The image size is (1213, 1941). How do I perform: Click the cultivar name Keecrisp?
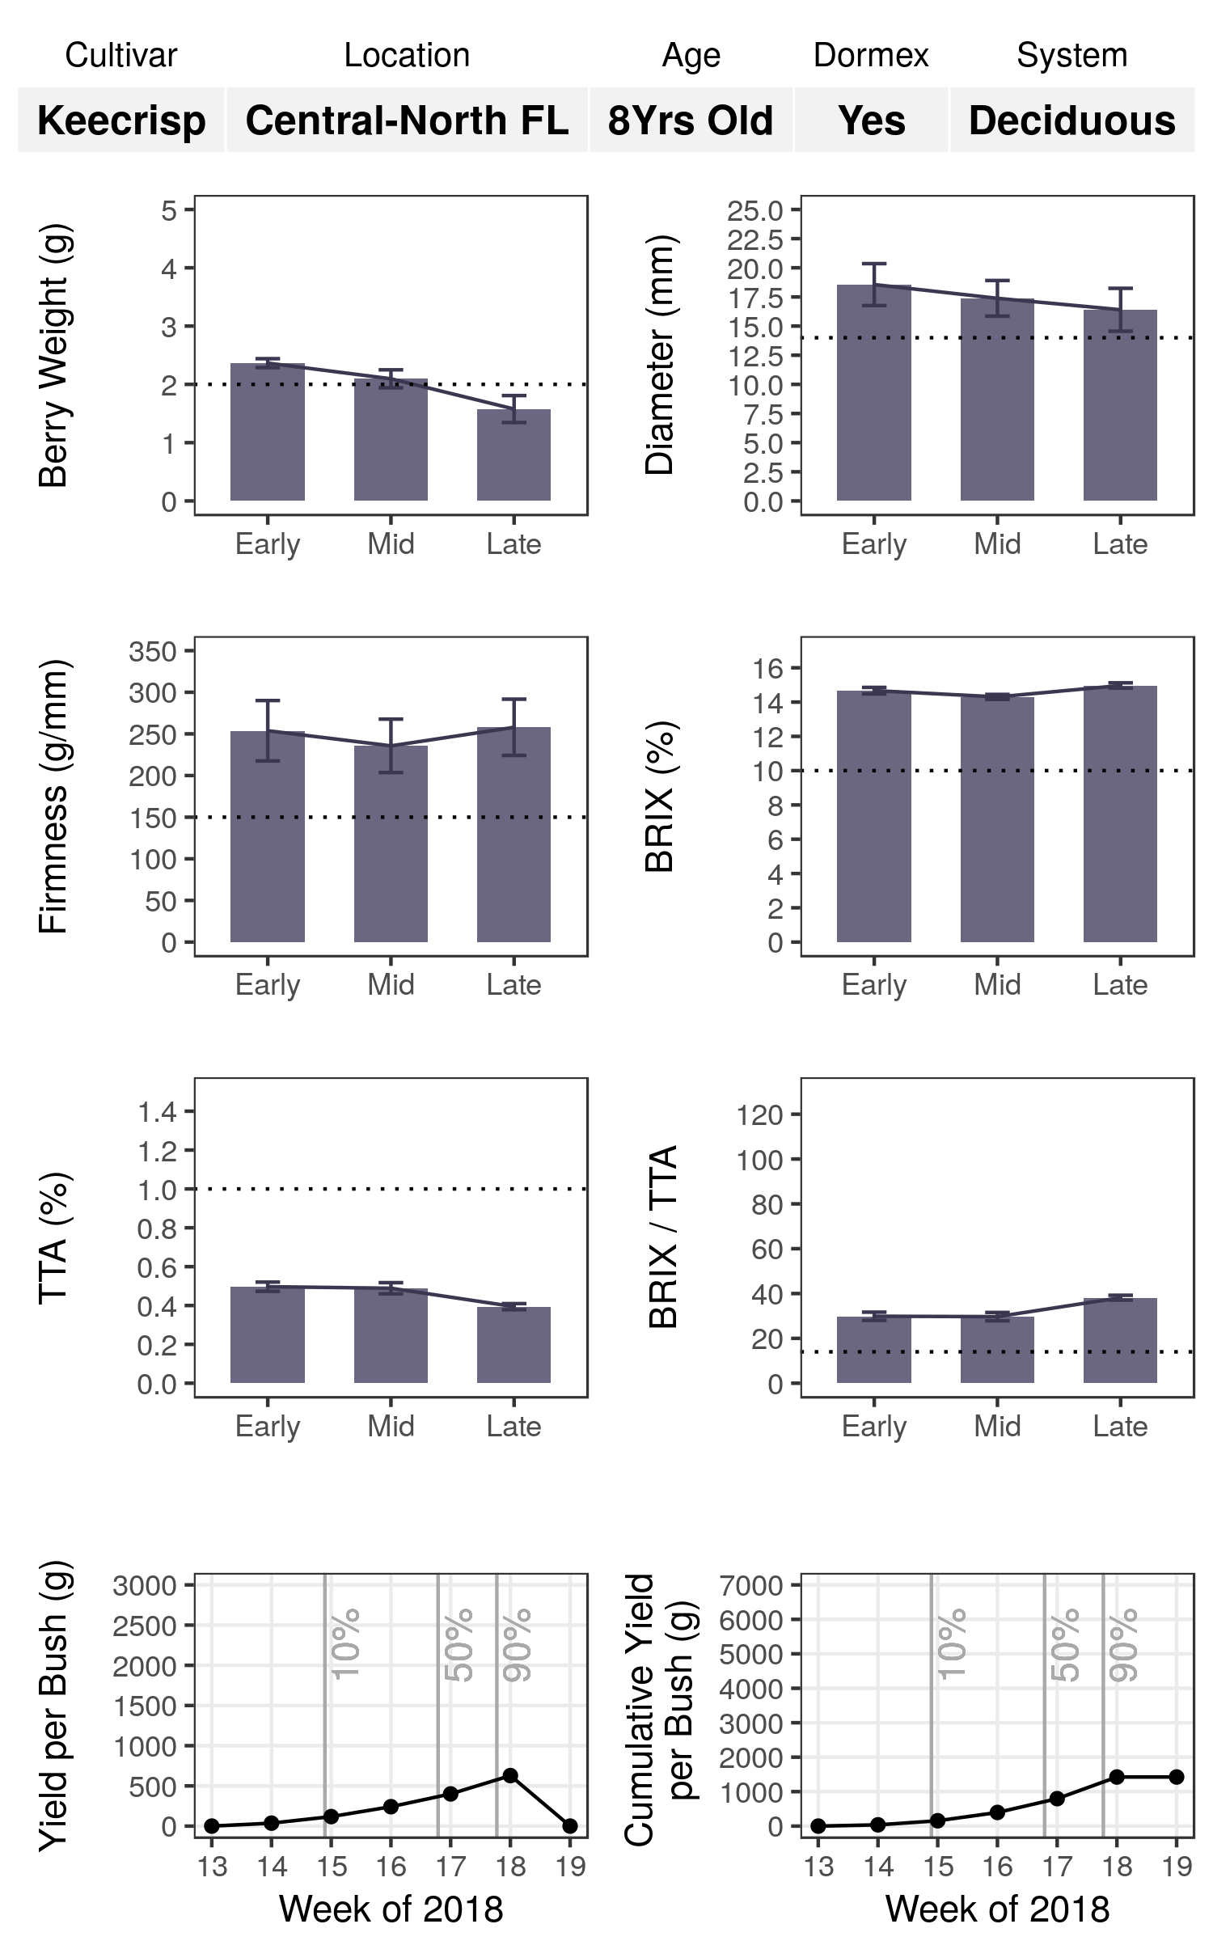tap(121, 121)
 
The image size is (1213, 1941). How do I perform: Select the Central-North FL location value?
tap(407, 121)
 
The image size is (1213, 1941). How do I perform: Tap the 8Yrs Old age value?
tap(691, 121)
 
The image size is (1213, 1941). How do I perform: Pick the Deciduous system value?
tap(1071, 121)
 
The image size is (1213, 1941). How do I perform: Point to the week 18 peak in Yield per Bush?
tap(510, 1775)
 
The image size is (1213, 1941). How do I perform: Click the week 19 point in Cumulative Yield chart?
tap(1177, 1777)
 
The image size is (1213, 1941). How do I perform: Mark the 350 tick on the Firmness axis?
tap(153, 651)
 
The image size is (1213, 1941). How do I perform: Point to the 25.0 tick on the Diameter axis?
tap(755, 210)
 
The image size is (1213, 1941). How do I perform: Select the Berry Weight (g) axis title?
tap(54, 356)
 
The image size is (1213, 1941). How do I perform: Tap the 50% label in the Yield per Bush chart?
tap(459, 1646)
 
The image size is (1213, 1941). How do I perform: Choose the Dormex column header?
tap(871, 56)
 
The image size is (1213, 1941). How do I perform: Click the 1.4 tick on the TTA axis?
tap(157, 1112)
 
